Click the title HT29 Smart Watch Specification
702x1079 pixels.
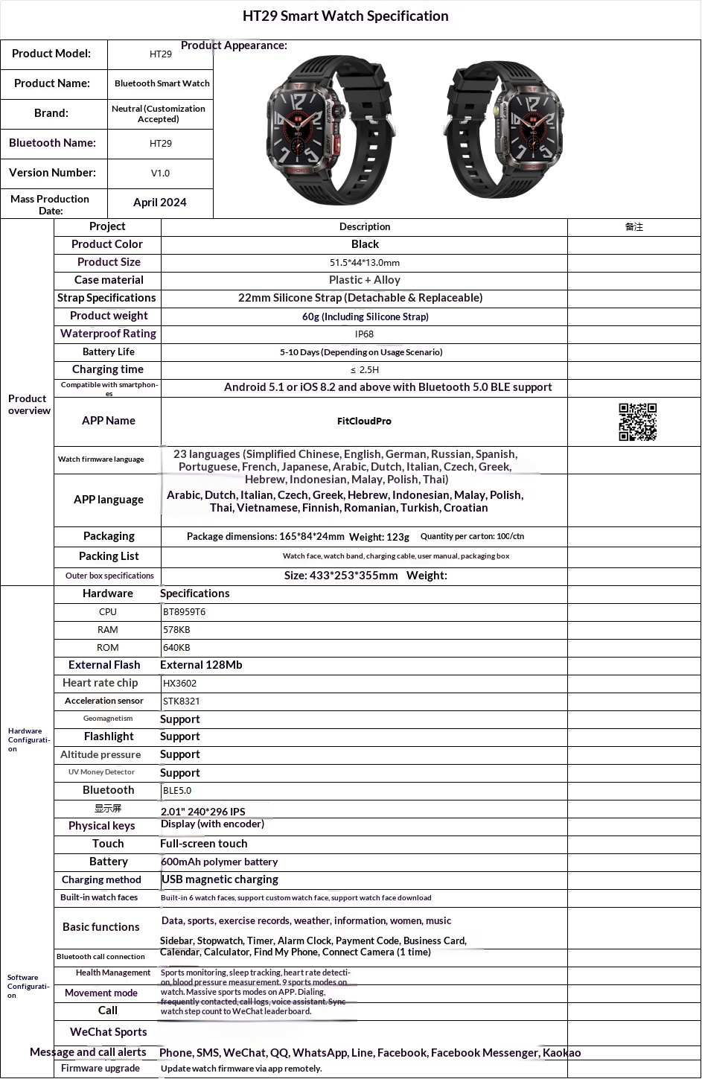click(x=345, y=16)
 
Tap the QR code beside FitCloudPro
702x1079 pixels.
click(x=637, y=422)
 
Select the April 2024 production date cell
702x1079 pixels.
click(x=160, y=203)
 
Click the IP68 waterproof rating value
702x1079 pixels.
click(x=364, y=334)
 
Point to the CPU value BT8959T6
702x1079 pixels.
click(x=184, y=612)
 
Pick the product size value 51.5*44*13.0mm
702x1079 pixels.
click(x=364, y=263)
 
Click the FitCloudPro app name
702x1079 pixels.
click(x=364, y=421)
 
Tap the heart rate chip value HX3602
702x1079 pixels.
click(x=180, y=684)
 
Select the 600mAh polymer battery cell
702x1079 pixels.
click(x=220, y=862)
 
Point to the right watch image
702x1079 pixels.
click(x=503, y=128)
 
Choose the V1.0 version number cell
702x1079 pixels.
click(x=160, y=174)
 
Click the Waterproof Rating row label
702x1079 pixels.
click(x=108, y=334)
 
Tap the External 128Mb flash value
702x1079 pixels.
click(x=201, y=665)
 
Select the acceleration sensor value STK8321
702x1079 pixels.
click(x=182, y=701)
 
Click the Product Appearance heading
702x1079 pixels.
click(x=234, y=45)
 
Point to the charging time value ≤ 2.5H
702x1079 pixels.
click(x=364, y=370)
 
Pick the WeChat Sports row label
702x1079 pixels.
click(x=108, y=1032)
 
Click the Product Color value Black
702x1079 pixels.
click(x=365, y=244)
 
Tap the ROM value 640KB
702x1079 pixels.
click(x=177, y=648)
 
